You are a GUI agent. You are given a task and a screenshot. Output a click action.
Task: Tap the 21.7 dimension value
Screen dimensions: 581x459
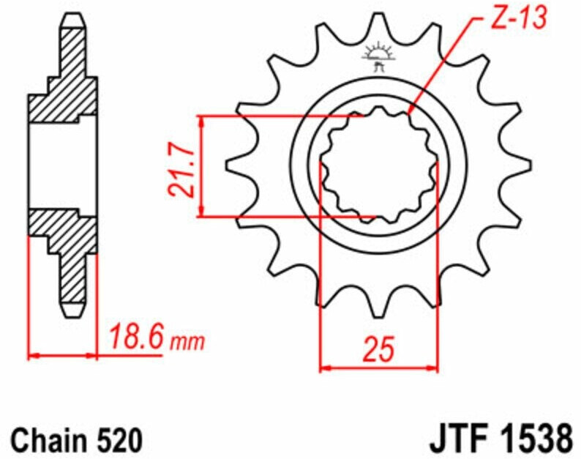coord(181,168)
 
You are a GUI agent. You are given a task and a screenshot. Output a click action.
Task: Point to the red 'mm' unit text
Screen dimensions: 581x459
coord(187,342)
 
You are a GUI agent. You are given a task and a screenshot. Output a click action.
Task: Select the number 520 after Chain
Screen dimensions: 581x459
coord(120,440)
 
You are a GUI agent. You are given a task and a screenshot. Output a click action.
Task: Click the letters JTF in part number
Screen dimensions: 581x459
coord(458,440)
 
